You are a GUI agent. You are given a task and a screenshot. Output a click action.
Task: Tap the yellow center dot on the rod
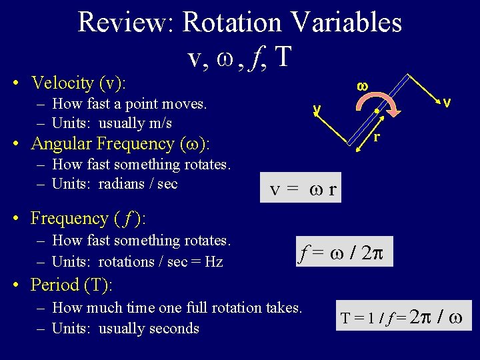[x=377, y=111]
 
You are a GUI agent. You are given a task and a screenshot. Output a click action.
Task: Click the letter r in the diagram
[x=377, y=137]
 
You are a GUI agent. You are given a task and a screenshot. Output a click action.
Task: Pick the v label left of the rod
[x=318, y=108]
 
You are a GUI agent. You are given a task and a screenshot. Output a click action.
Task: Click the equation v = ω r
[x=303, y=191]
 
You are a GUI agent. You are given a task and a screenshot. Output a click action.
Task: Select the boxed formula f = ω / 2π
[x=345, y=252]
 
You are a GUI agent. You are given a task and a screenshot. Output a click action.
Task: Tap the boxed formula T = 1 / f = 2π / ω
[x=405, y=316]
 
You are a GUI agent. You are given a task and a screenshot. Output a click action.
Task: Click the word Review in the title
[x=125, y=22]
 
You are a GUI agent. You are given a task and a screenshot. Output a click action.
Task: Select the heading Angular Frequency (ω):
[x=121, y=144]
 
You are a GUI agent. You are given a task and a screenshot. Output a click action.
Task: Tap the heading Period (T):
[x=71, y=285]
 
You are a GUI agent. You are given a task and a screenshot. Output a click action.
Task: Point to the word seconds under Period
[x=175, y=329]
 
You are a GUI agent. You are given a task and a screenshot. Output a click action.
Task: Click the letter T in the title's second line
[x=282, y=57]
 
